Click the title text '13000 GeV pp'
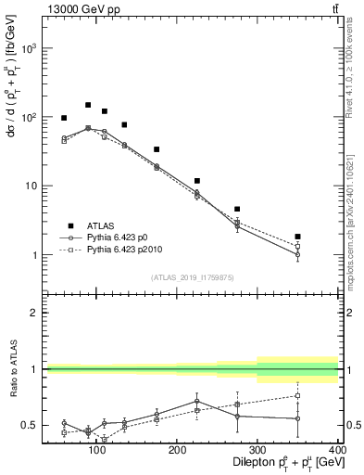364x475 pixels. coord(75,8)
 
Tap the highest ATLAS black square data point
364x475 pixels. coord(88,105)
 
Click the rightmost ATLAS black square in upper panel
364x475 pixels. coord(323,237)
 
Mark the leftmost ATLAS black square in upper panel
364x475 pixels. coord(64,118)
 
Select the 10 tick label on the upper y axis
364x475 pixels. coord(31,186)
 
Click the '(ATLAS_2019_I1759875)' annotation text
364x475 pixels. coord(192,277)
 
